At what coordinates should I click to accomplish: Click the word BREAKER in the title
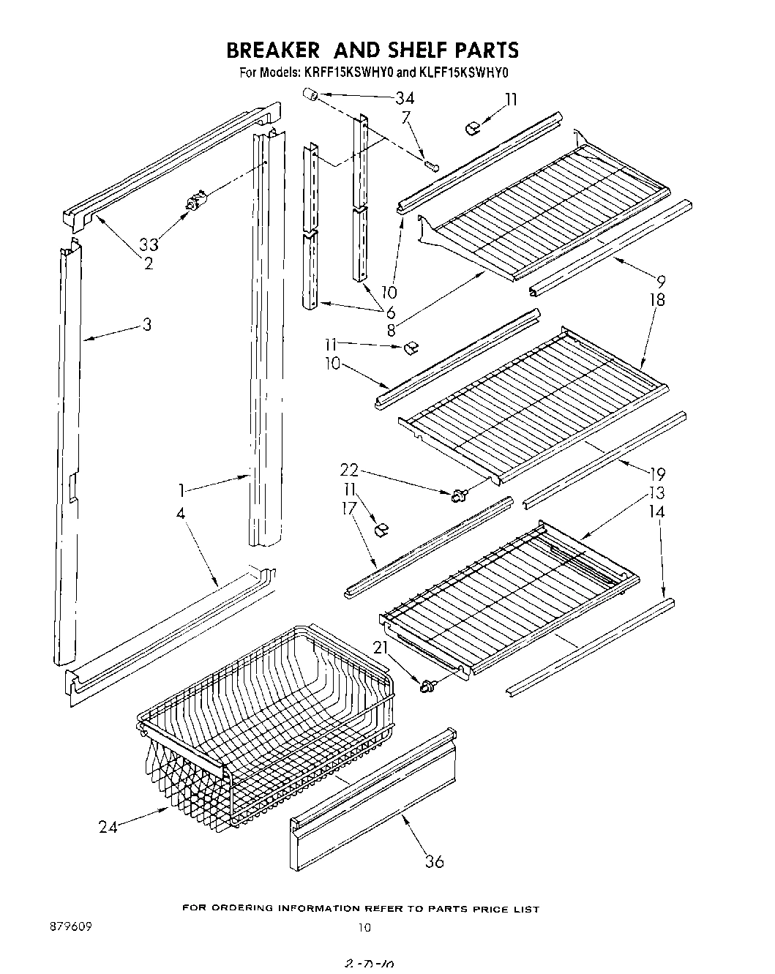pos(272,50)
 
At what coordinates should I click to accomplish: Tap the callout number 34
pos(404,98)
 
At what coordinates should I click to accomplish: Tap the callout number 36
pos(434,861)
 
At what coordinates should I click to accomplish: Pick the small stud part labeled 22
pos(460,497)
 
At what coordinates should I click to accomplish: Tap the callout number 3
pos(147,323)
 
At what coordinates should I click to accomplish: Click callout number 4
pos(180,512)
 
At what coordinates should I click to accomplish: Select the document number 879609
pos(72,926)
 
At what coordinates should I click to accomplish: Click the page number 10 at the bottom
pos(364,928)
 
